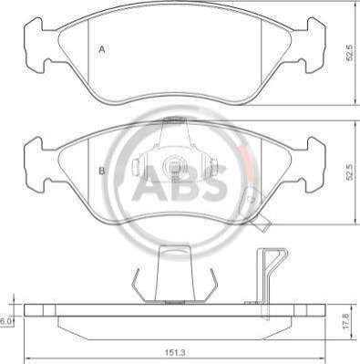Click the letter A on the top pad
(x=102, y=49)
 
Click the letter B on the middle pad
(x=102, y=171)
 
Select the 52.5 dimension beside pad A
(x=350, y=53)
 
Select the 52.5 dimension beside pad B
(x=350, y=172)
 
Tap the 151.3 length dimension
(x=175, y=353)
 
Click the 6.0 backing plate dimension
(x=5, y=321)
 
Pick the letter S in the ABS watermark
(x=215, y=182)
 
